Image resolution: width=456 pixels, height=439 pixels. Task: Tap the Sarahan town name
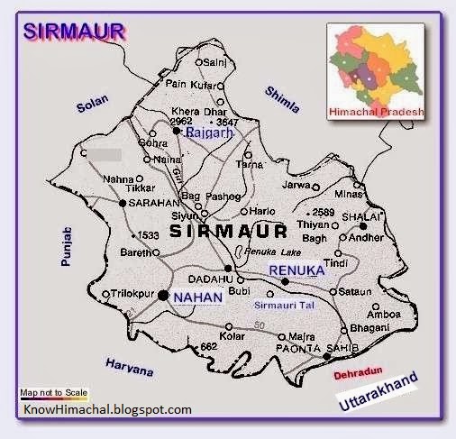[150, 204]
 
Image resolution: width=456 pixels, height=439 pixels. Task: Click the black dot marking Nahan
[162, 295]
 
